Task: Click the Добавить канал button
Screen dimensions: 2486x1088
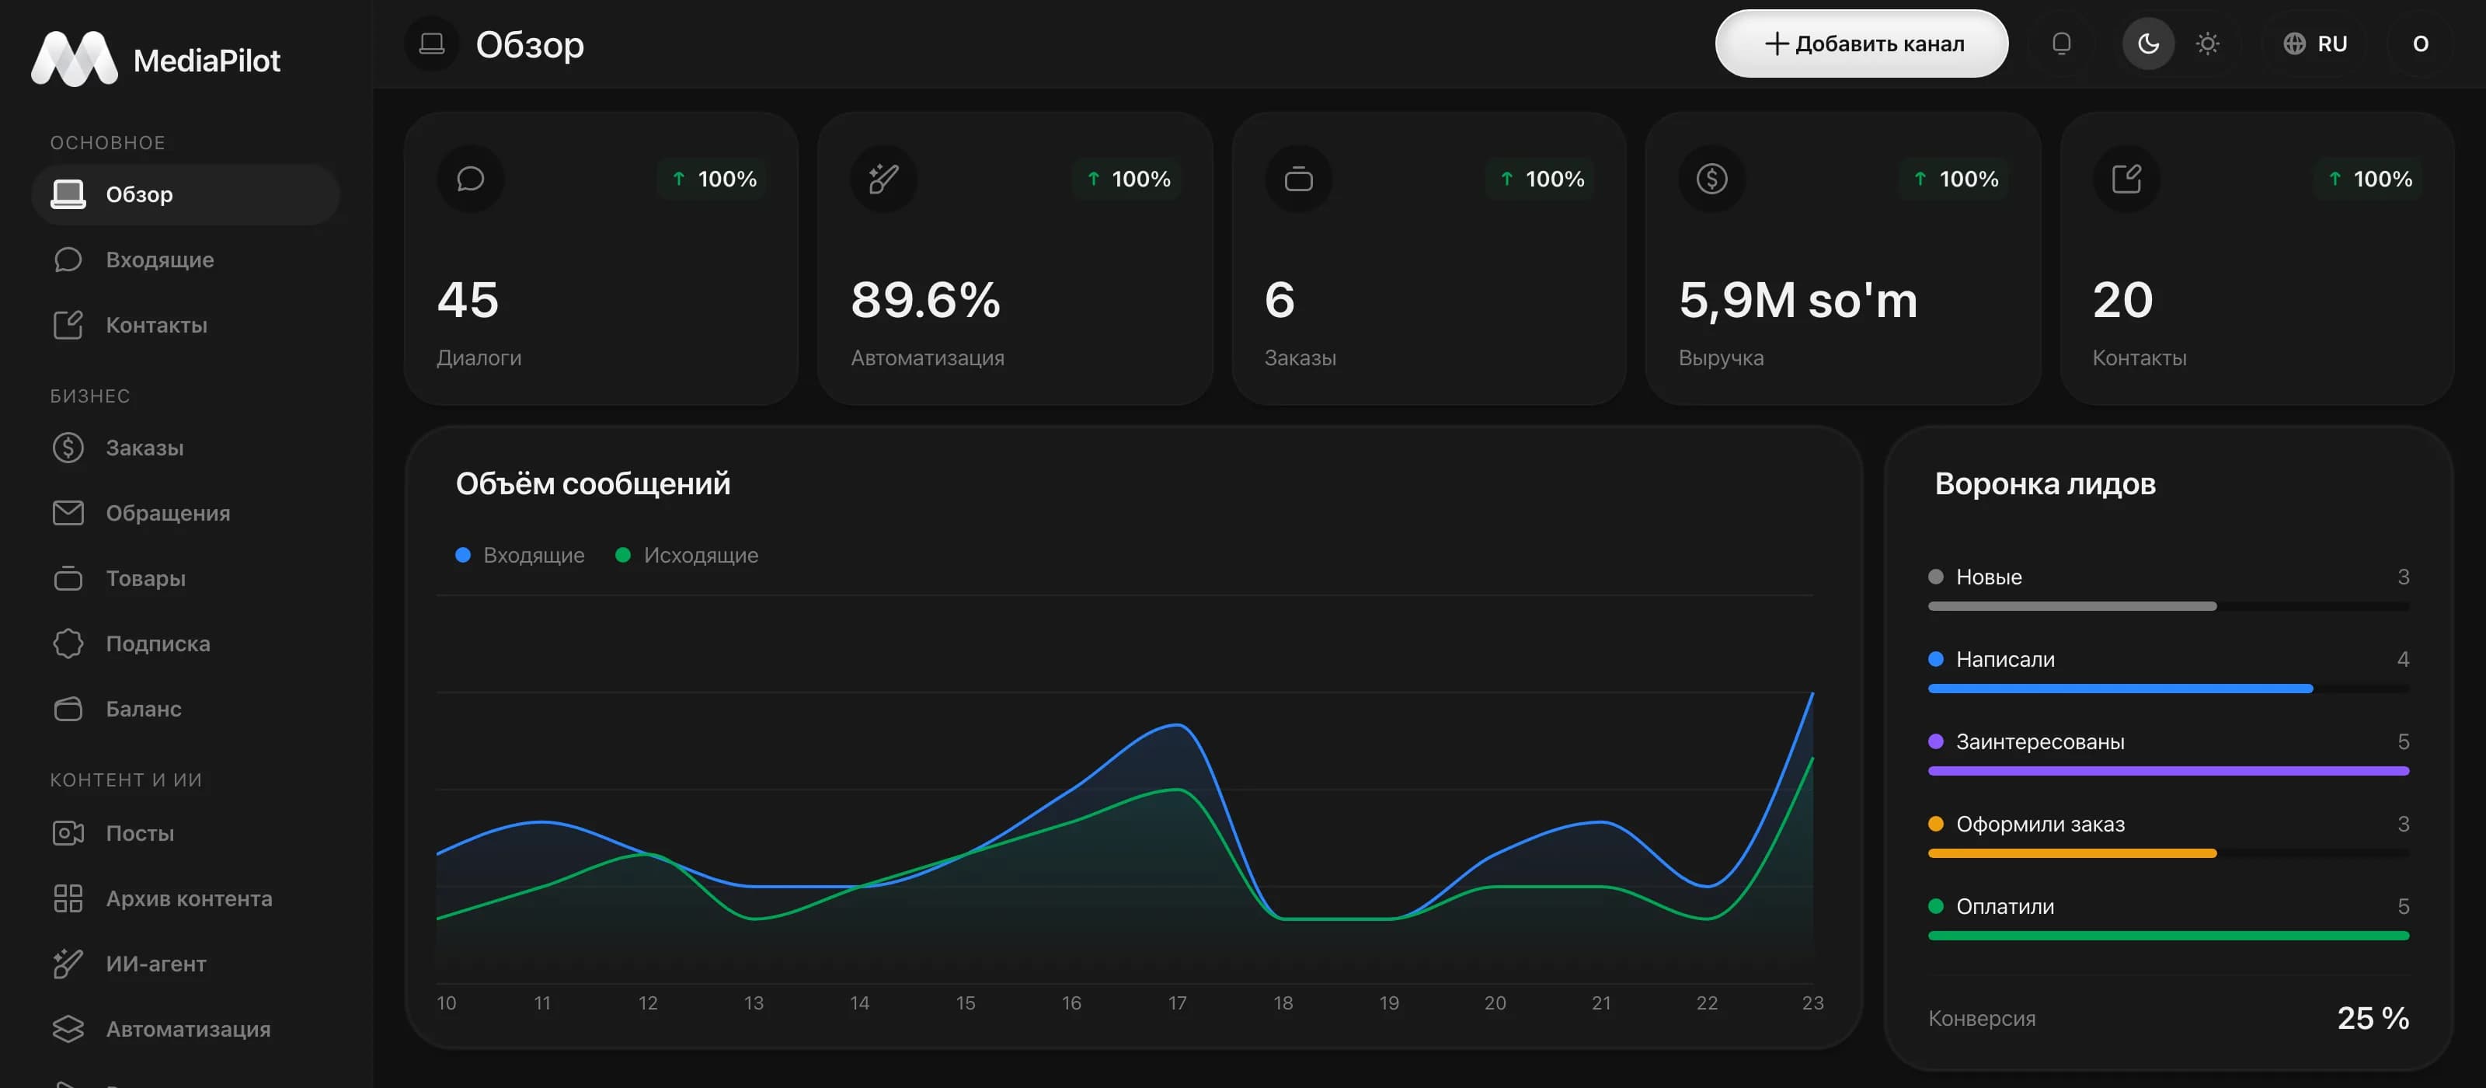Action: click(1861, 44)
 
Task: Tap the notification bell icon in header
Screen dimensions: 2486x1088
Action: click(2061, 44)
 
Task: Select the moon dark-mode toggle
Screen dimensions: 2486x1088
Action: click(2148, 44)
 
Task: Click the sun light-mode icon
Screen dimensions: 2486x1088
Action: click(2207, 44)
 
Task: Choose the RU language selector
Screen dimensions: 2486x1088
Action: click(2315, 44)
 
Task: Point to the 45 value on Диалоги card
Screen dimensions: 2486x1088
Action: click(468, 299)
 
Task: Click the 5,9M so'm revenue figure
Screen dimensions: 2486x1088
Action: click(1798, 299)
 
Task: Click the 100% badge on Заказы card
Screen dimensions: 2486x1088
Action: click(1542, 179)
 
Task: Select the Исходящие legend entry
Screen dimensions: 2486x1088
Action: click(687, 555)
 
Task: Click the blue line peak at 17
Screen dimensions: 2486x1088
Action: click(1176, 724)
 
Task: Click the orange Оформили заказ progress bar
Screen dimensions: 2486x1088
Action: click(2072, 853)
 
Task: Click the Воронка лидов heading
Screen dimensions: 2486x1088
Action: click(2045, 483)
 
